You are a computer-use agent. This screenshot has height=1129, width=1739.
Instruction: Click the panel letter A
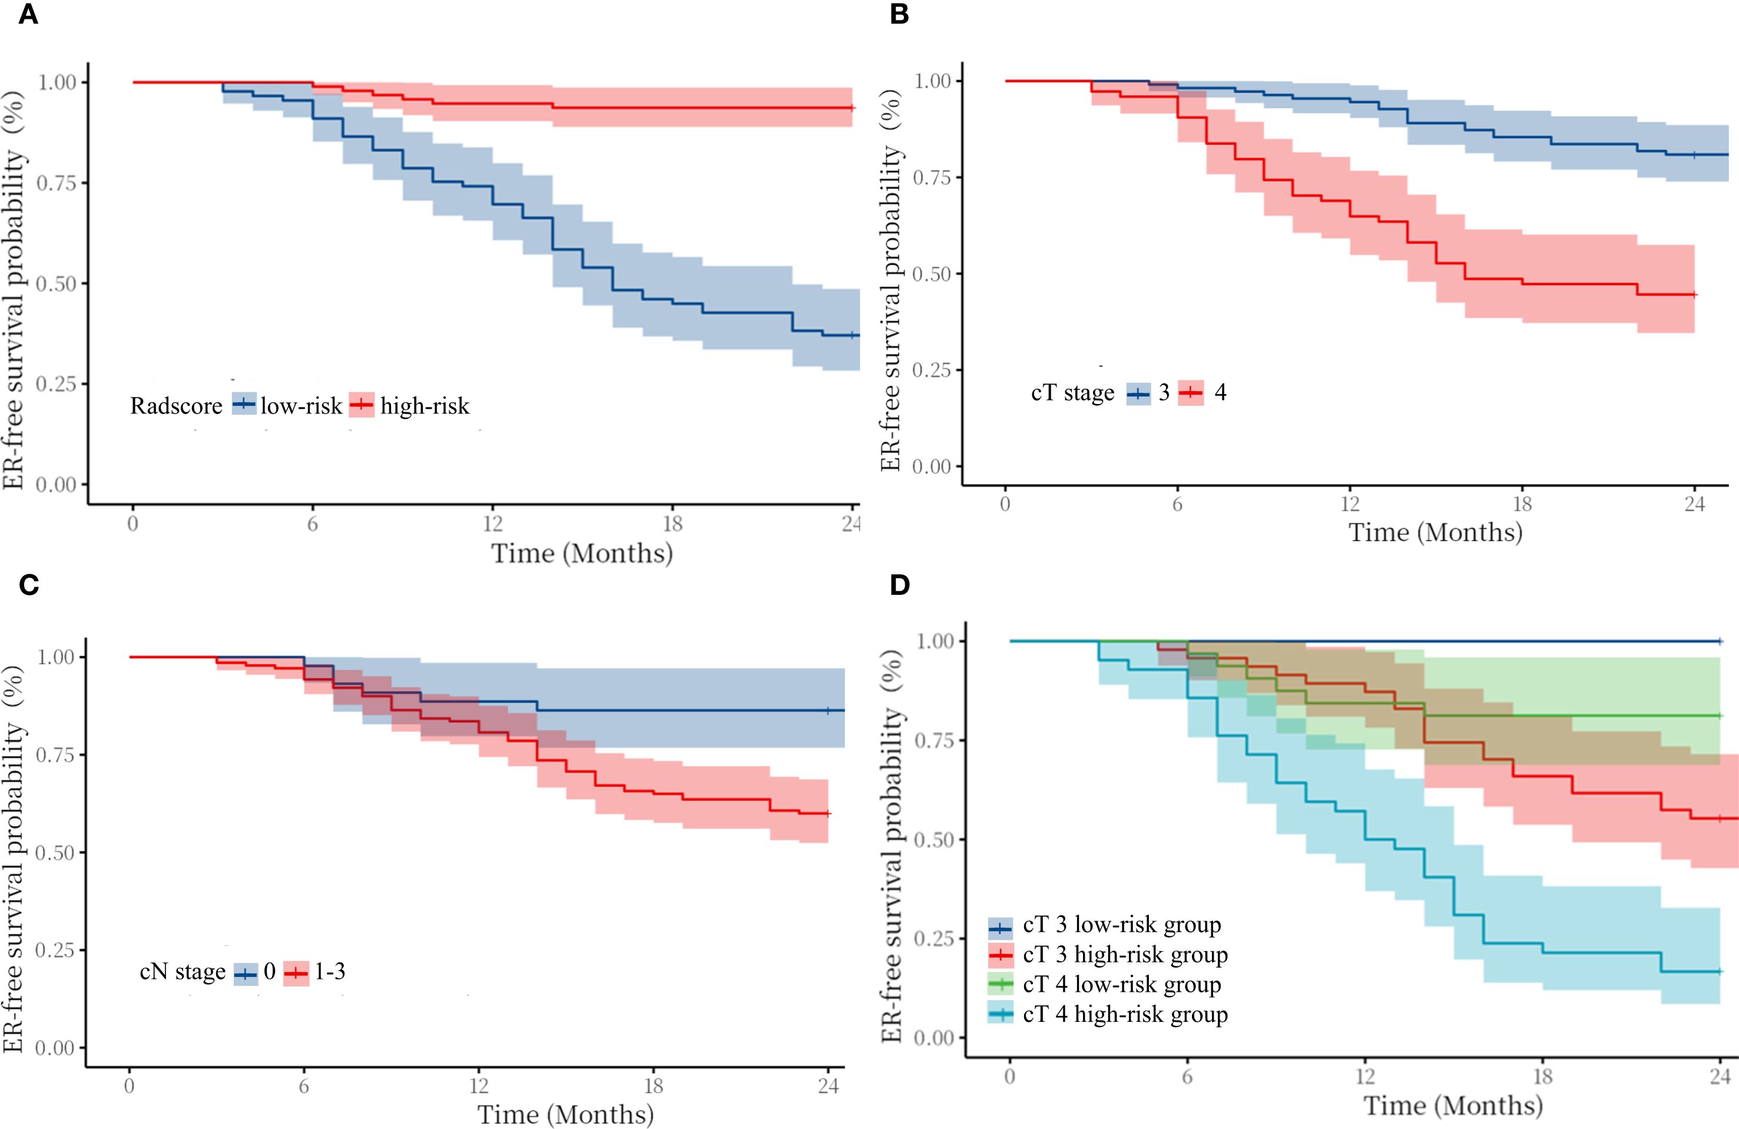28,14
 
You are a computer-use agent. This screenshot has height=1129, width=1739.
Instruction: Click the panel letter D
899,585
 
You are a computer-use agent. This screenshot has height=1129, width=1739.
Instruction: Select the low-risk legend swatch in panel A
244,404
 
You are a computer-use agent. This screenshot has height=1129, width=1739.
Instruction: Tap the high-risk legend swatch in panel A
361,404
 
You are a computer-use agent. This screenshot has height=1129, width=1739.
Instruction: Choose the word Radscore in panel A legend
176,406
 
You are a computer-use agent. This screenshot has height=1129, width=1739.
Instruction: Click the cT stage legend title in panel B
1072,393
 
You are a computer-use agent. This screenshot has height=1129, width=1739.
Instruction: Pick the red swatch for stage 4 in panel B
1190,393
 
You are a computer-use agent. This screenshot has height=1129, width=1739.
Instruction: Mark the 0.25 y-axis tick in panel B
932,370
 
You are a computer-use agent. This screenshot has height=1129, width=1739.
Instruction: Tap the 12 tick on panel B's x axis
1350,504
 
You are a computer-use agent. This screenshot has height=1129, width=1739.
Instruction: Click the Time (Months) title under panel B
1435,532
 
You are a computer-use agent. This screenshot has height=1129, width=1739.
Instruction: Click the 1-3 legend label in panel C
330,972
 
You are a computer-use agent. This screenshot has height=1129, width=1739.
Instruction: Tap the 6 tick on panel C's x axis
304,1087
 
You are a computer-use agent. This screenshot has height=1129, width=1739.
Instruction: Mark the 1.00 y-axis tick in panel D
935,641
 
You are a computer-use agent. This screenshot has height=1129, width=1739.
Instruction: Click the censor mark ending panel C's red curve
827,814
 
